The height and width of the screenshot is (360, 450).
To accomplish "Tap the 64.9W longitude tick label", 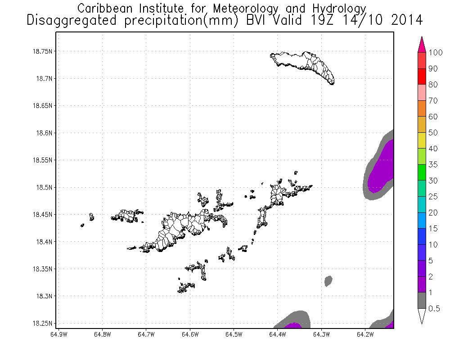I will [x=59, y=334].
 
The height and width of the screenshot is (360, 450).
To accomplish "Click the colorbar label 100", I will [x=436, y=53].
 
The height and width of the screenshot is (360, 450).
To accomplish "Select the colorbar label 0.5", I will [x=434, y=308].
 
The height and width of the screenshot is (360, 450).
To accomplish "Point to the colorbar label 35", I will [x=433, y=165].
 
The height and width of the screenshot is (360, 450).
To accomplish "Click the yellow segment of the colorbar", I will [x=422, y=140].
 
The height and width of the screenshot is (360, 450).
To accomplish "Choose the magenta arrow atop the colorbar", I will [x=422, y=45].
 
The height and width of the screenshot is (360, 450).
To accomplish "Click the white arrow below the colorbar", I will [x=422, y=316].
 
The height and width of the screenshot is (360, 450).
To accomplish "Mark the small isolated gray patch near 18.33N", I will [x=328, y=281].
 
